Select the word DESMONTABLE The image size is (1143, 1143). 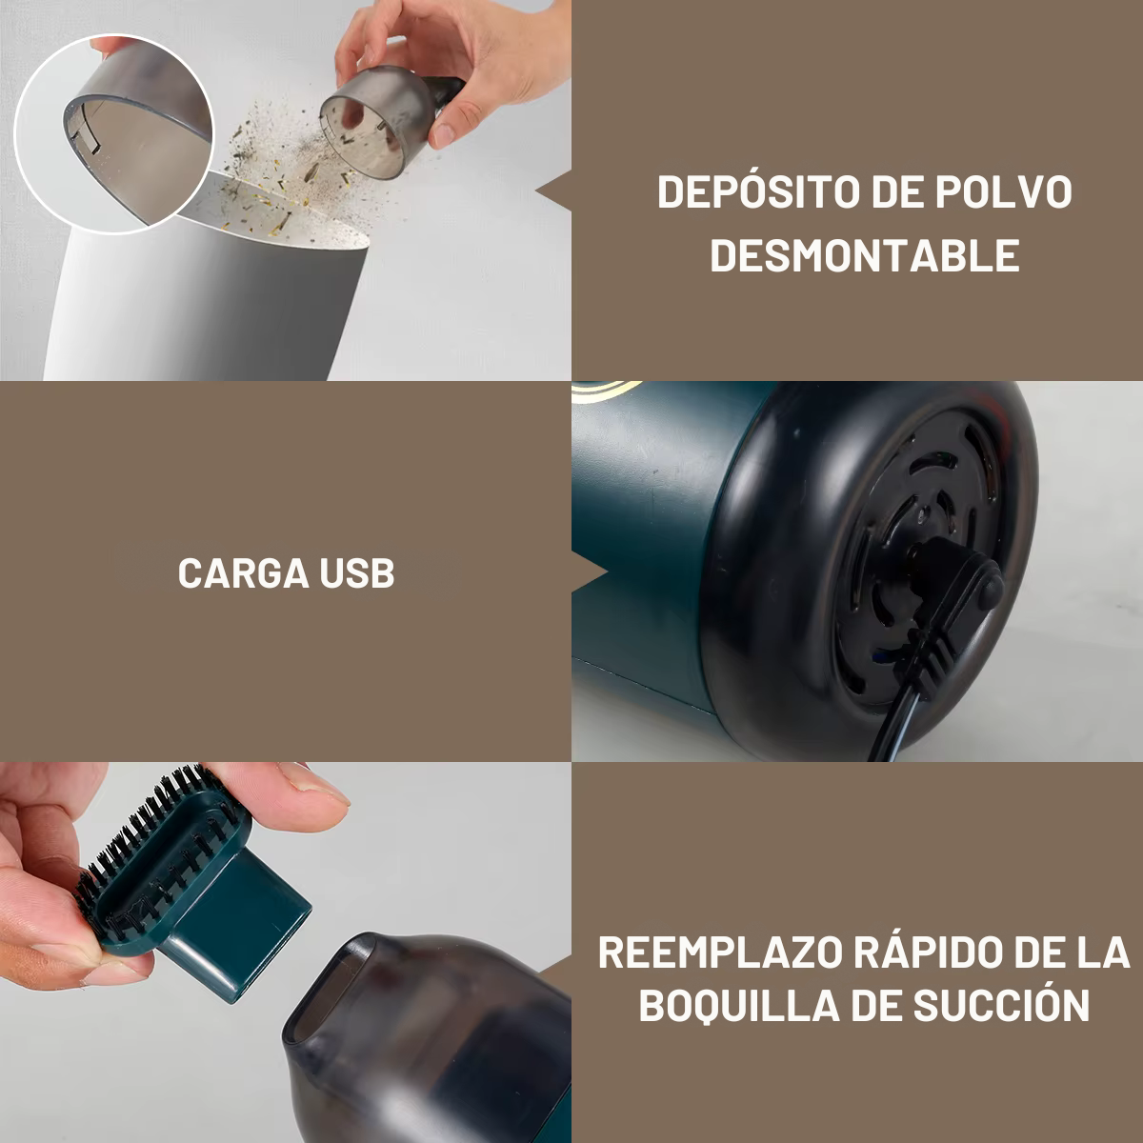[865, 255]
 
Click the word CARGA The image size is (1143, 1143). [243, 573]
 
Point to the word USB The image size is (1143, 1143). [357, 573]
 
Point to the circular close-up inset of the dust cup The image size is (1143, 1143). [114, 132]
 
